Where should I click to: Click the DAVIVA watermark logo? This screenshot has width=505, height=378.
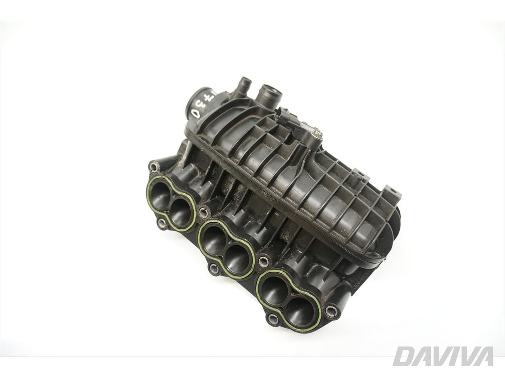click(x=444, y=356)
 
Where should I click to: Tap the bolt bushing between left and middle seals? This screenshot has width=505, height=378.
click(x=204, y=213)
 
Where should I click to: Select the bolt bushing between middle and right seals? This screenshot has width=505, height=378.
click(x=262, y=260)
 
